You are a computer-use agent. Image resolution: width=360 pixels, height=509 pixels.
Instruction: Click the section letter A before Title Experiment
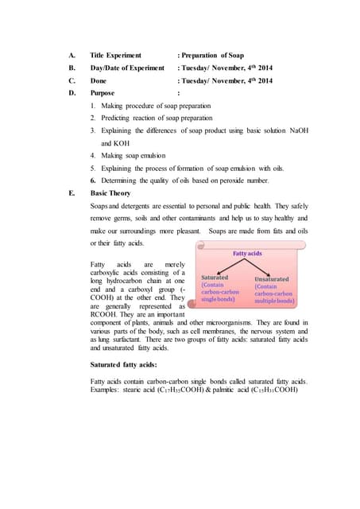coord(72,56)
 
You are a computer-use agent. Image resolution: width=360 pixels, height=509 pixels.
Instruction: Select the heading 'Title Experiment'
coord(116,56)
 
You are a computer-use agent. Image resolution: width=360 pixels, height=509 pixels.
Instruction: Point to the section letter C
coord(72,80)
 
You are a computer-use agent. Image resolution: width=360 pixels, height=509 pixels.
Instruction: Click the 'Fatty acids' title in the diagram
coord(248,253)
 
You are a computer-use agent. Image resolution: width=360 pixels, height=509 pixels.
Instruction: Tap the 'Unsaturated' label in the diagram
coord(271,279)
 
